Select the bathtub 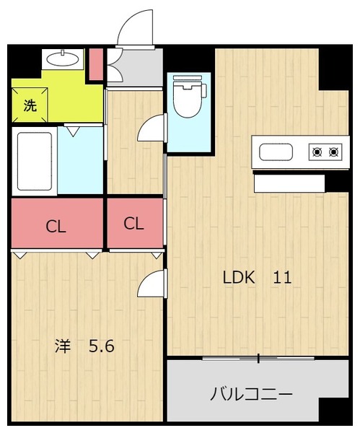pyautogui.click(x=35, y=161)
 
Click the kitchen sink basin pyautogui.click(x=276, y=152)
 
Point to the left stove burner pyautogui.click(x=317, y=152)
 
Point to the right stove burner pyautogui.click(x=334, y=152)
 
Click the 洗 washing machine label pyautogui.click(x=30, y=105)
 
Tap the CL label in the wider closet pyautogui.click(x=56, y=227)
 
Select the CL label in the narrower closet pyautogui.click(x=134, y=224)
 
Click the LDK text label pyautogui.click(x=239, y=278)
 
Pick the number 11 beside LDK pyautogui.click(x=282, y=278)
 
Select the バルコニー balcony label pyautogui.click(x=251, y=394)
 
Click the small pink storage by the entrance pyautogui.click(x=97, y=64)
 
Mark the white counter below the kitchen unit pyautogui.click(x=289, y=183)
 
